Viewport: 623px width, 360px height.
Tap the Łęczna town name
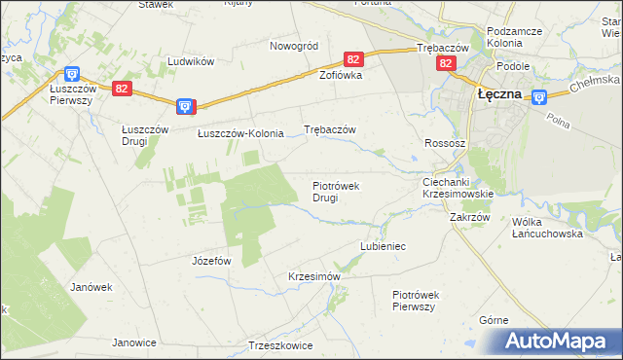click(x=499, y=94)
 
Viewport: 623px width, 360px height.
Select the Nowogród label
click(x=294, y=46)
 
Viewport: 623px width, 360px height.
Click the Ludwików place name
click(x=190, y=60)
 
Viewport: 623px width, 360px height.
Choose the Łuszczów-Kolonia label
click(x=240, y=133)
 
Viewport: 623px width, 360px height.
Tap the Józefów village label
click(x=211, y=261)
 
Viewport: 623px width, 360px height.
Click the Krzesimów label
click(x=313, y=276)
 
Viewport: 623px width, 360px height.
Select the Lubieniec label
click(x=383, y=247)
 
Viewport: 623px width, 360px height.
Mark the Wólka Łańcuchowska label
click(x=547, y=228)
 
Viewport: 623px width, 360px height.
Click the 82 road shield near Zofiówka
click(x=353, y=59)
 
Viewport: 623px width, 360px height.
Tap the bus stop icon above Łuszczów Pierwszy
click(x=71, y=73)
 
